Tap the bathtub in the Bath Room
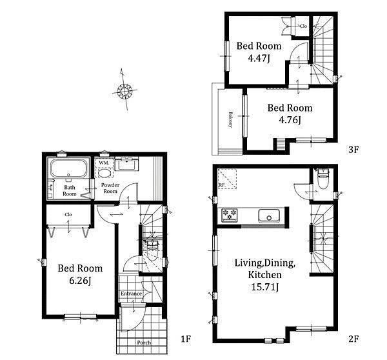point(69,168)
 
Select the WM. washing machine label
point(104,163)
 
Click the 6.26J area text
point(81,281)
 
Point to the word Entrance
point(132,294)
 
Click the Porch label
point(144,343)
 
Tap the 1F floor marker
point(186,339)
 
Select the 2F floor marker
point(353,339)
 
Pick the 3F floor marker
point(353,150)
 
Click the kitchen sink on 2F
point(269,215)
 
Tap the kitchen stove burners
point(230,214)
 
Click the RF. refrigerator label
point(221,185)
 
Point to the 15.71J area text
point(265,287)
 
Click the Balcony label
point(230,119)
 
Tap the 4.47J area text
point(259,58)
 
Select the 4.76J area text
point(290,120)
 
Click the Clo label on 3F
point(303,26)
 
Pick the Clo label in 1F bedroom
point(68,214)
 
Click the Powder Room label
point(110,188)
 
